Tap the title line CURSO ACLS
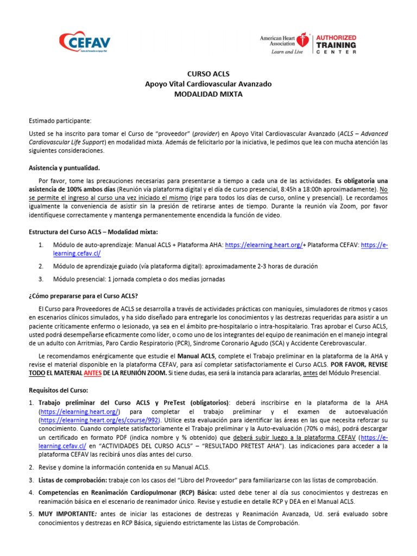(208, 74)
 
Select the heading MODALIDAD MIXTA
(208, 94)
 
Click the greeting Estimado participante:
(60, 119)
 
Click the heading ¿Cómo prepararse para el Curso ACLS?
(83, 295)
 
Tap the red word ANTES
(92, 373)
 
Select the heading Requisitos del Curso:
(58, 390)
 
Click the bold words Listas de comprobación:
(72, 480)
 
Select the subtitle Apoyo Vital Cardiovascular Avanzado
(208, 84)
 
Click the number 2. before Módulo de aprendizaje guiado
(41, 266)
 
